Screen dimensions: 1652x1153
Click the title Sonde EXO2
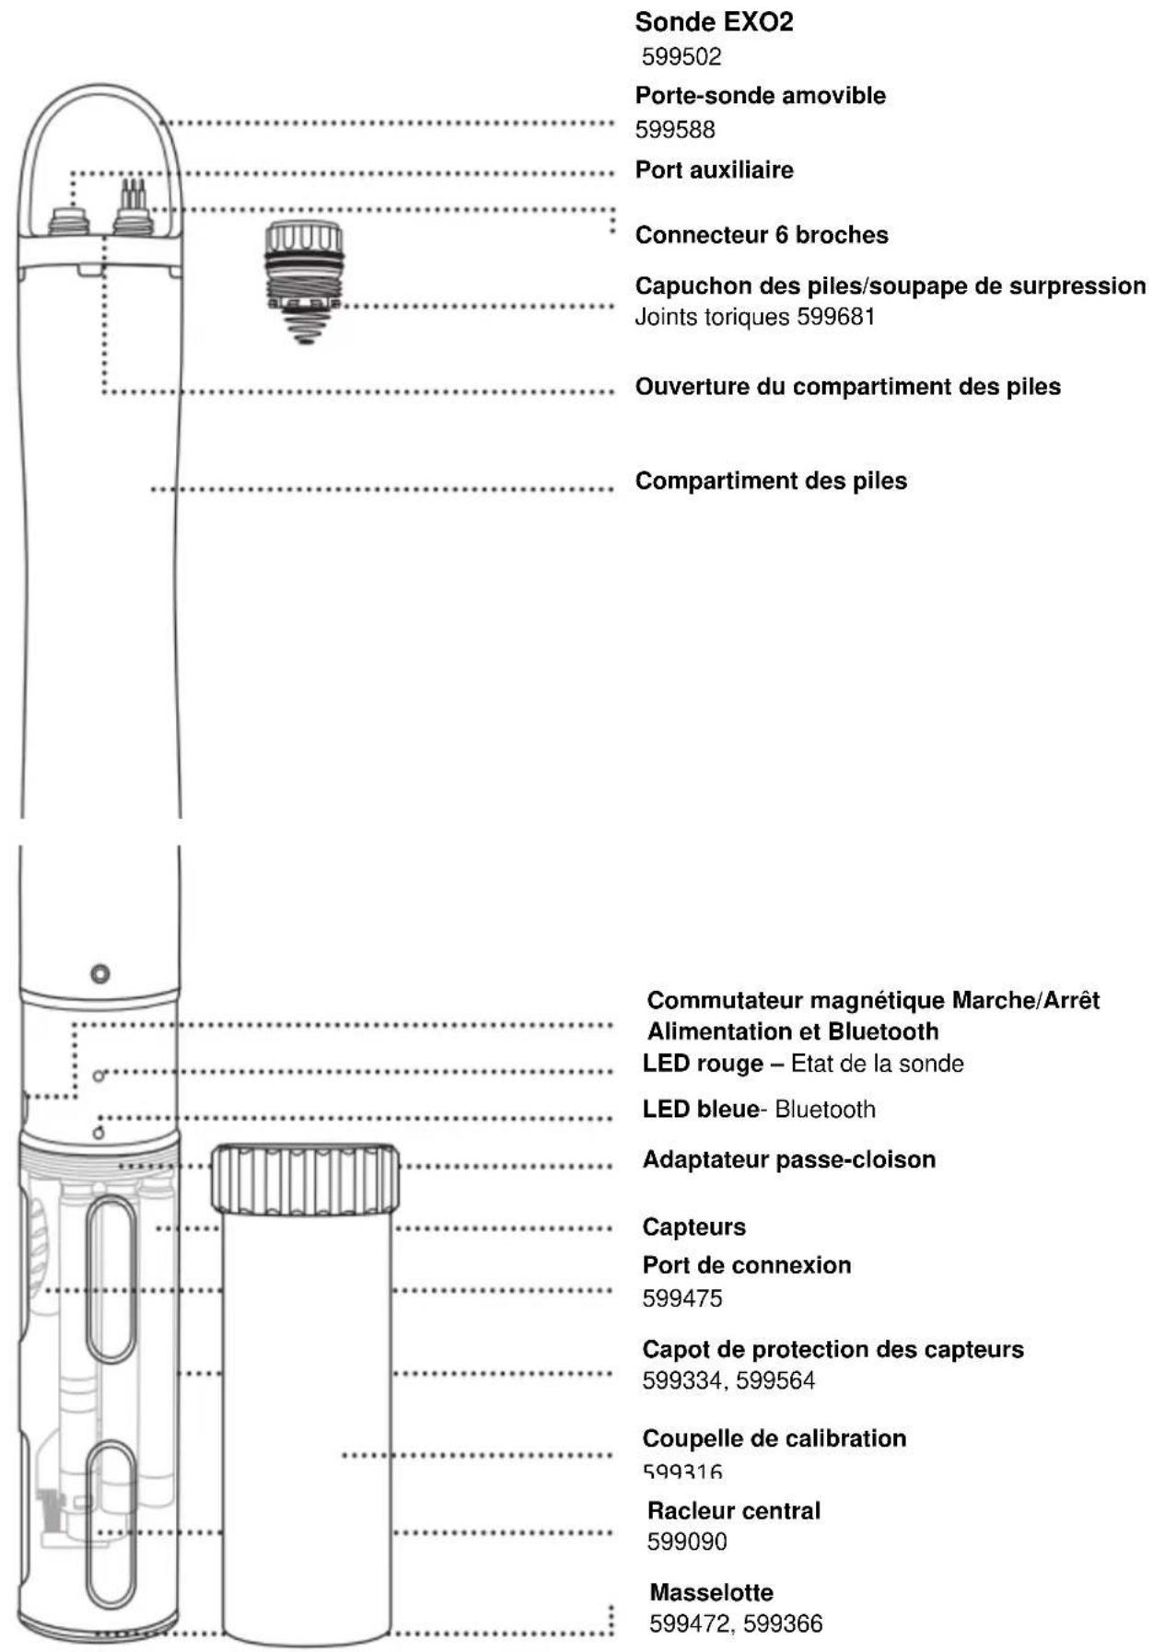pyautogui.click(x=714, y=22)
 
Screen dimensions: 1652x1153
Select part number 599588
pyautogui.click(x=675, y=130)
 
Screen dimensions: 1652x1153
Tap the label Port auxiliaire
pyautogui.click(x=714, y=169)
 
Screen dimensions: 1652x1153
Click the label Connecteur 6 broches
pyautogui.click(x=762, y=235)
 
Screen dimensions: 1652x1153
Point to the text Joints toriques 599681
pyautogui.click(x=754, y=317)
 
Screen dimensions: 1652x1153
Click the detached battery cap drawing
pyautogui.click(x=304, y=276)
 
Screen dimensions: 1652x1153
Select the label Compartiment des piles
pyautogui.click(x=771, y=481)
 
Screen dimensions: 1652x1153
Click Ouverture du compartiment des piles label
pyautogui.click(x=847, y=386)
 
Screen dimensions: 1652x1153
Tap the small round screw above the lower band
pyautogui.click(x=100, y=973)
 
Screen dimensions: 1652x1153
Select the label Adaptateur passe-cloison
pyautogui.click(x=788, y=1159)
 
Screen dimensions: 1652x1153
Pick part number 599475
pyautogui.click(x=681, y=1298)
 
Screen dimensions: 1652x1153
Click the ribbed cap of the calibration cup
pyautogui.click(x=306, y=1178)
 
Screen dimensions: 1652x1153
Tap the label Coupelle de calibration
pyautogui.click(x=774, y=1437)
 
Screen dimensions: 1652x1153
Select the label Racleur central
pyautogui.click(x=733, y=1510)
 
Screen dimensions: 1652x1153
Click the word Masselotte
pyautogui.click(x=711, y=1592)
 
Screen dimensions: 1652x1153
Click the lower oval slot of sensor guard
pyautogui.click(x=111, y=1524)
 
